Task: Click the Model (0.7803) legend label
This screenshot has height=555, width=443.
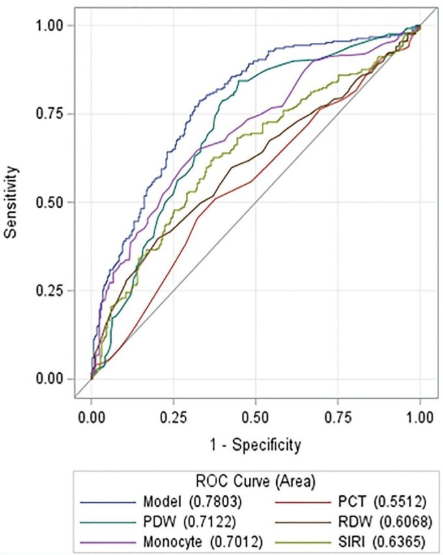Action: pos(192,502)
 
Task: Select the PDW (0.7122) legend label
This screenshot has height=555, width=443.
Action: pos(190,521)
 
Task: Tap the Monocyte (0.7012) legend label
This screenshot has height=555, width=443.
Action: pos(203,541)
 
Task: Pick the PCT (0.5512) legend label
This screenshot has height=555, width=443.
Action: pos(382,502)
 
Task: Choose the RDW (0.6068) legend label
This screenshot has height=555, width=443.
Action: pos(384,521)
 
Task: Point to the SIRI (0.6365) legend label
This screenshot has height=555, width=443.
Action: pos(381,541)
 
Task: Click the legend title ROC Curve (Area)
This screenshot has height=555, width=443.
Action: pos(255,481)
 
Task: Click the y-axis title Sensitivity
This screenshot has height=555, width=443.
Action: pos(11,202)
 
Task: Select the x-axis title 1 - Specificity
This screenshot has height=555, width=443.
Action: pos(255,444)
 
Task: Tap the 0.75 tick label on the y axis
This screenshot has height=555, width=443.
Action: pos(50,114)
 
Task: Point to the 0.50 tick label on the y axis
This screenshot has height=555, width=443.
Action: pos(50,202)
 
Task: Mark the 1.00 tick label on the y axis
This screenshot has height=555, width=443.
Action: pos(50,25)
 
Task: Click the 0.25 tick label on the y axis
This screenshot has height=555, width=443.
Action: pos(50,291)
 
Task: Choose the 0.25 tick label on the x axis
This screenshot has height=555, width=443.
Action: pos(173,418)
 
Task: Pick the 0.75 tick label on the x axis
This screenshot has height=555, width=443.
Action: pos(337,418)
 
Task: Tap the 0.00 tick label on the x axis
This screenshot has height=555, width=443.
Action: pos(91,418)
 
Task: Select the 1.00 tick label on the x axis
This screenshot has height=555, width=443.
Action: pos(420,418)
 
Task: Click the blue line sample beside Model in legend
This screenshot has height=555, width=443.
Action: pos(107,502)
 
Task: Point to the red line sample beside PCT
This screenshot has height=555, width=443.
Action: pos(303,502)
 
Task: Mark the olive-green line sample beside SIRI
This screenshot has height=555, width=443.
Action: pos(303,542)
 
